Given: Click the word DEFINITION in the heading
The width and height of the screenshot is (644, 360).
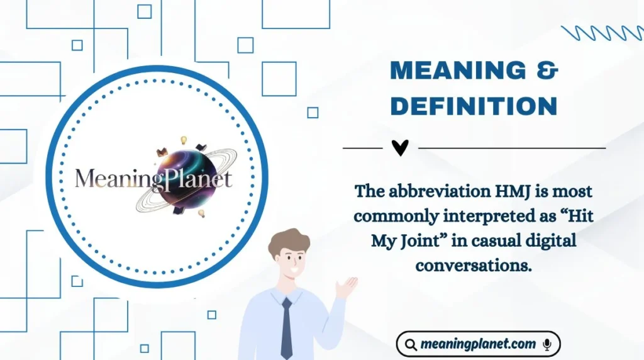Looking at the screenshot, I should [474, 106].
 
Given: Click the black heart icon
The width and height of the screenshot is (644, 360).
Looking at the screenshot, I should [400, 148].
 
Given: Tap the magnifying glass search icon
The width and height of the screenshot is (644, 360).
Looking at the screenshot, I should [410, 344].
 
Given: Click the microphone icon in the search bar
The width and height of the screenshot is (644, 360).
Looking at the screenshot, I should [547, 344].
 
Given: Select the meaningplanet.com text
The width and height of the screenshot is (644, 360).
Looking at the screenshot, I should [478, 344].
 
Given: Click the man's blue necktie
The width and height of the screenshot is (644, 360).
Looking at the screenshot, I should [287, 327].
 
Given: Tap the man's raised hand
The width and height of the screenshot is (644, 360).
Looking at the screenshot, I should [345, 288].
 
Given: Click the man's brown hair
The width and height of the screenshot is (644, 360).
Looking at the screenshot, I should [289, 240].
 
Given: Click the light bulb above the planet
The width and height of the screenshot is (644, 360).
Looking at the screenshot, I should [184, 140].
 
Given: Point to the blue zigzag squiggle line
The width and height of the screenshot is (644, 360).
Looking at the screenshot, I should [601, 33].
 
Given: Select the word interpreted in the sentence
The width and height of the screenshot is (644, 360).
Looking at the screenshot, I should [484, 215].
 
